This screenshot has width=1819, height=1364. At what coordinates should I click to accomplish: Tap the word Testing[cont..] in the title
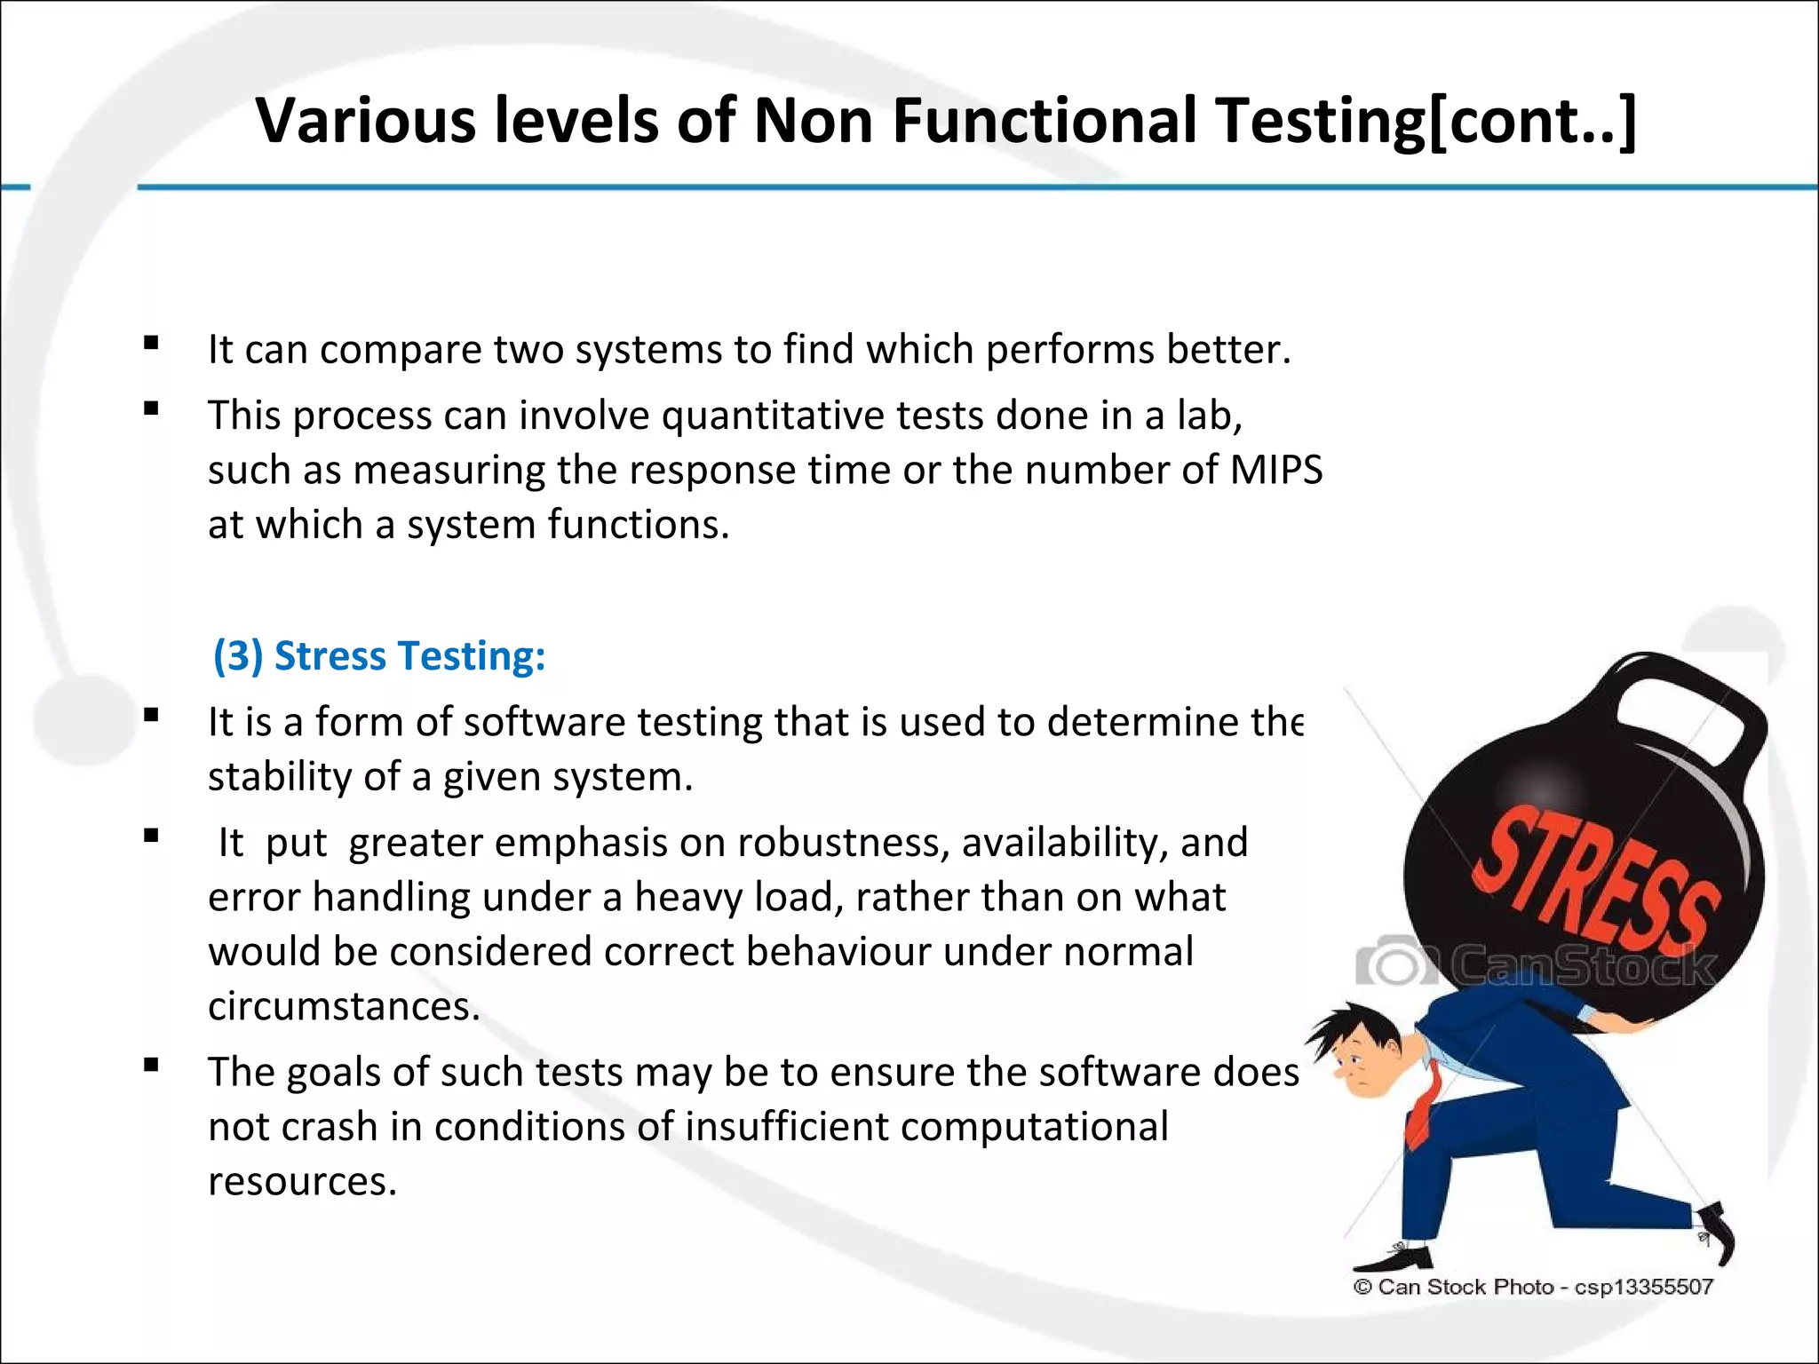(x=1426, y=121)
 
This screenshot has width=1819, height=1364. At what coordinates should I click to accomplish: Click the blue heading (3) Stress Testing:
(x=379, y=656)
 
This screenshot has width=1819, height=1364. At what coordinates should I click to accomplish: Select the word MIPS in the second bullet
(x=1275, y=470)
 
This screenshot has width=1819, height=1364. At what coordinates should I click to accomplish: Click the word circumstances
(x=344, y=1007)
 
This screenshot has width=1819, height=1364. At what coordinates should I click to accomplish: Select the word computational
(x=1034, y=1127)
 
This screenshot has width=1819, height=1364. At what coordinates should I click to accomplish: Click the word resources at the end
(x=302, y=1182)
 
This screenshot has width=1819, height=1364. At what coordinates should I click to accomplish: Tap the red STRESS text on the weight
(x=1594, y=879)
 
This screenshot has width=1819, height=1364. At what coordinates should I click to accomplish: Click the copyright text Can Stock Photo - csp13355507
(x=1533, y=1287)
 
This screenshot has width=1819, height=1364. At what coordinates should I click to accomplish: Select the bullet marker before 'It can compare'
(x=151, y=343)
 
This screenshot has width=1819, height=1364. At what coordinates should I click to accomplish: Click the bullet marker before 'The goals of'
(x=151, y=1066)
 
